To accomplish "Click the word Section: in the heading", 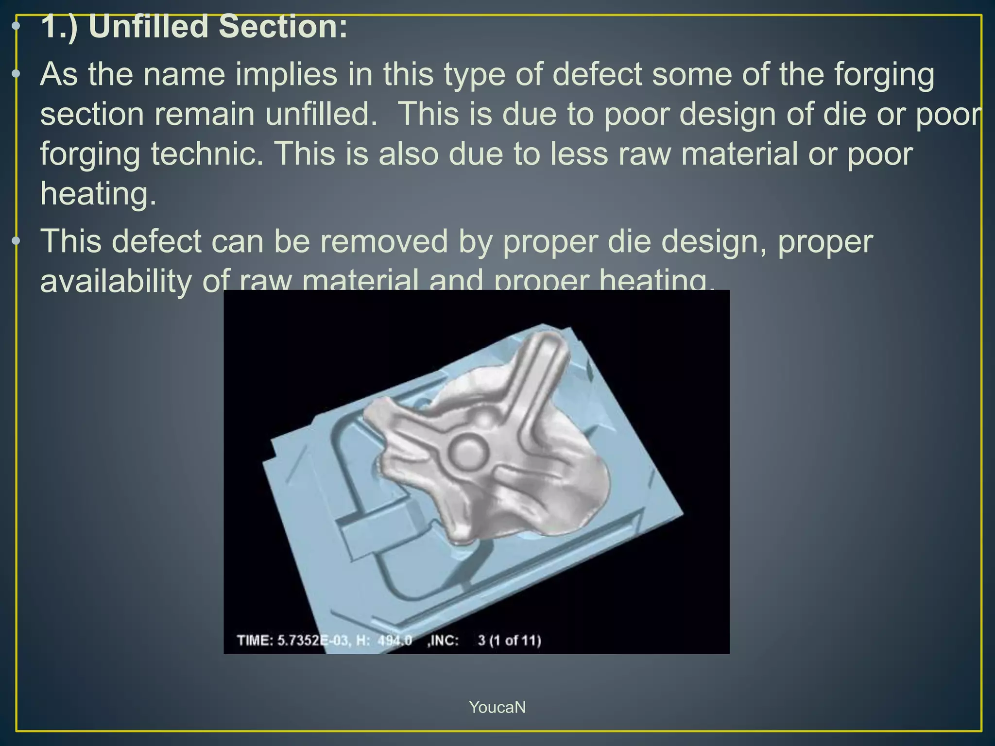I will [283, 26].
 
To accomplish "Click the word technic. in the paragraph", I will [207, 154].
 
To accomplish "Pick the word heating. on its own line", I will [98, 194].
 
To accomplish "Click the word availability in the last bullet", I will [116, 281].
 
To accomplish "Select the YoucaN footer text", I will [497, 707].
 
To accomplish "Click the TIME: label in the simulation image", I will [255, 641].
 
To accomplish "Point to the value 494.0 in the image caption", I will [395, 641].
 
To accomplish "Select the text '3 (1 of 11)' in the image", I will [509, 641].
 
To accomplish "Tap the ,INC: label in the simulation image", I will [443, 641].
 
